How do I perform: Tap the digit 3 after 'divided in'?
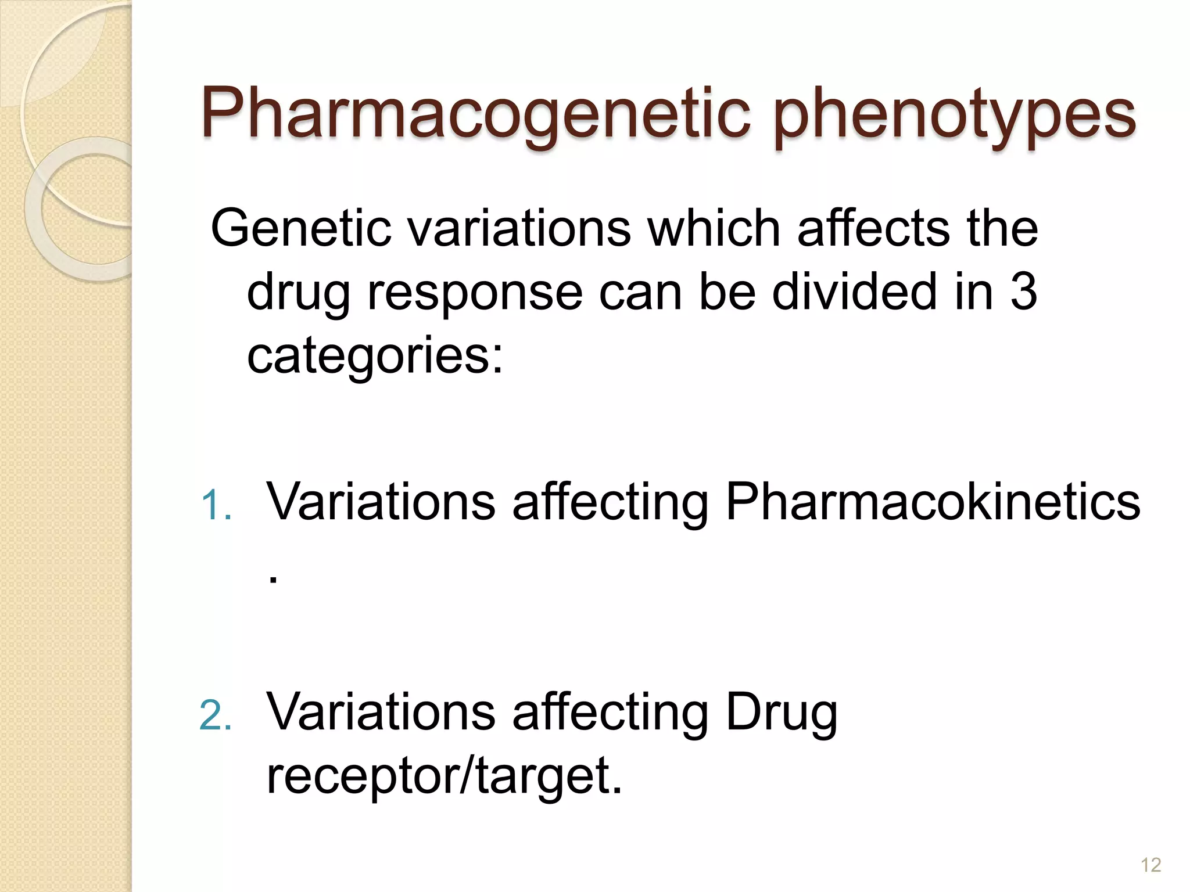point(1023,292)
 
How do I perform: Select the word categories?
point(375,356)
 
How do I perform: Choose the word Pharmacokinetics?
point(933,502)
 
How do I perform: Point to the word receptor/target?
point(444,776)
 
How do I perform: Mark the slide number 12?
point(1150,865)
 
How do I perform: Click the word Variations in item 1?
point(381,502)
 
